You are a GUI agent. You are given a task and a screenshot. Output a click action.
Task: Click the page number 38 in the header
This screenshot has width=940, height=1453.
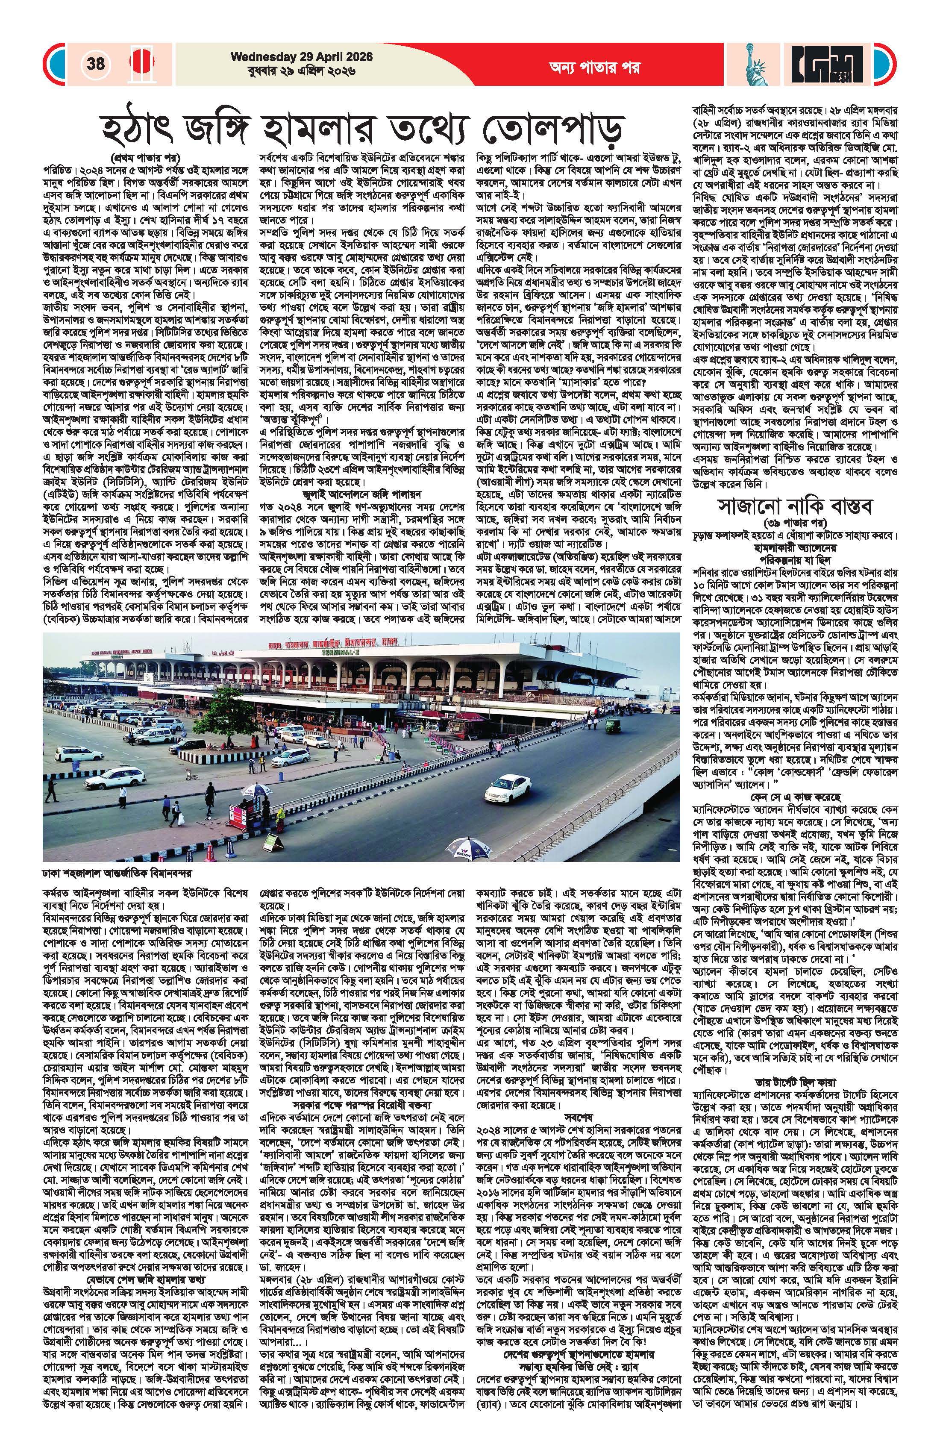(x=96, y=64)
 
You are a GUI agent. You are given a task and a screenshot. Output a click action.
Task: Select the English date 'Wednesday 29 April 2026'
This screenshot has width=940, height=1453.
(x=293, y=57)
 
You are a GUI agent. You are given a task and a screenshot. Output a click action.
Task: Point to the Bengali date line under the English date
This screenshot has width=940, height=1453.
(x=293, y=71)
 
